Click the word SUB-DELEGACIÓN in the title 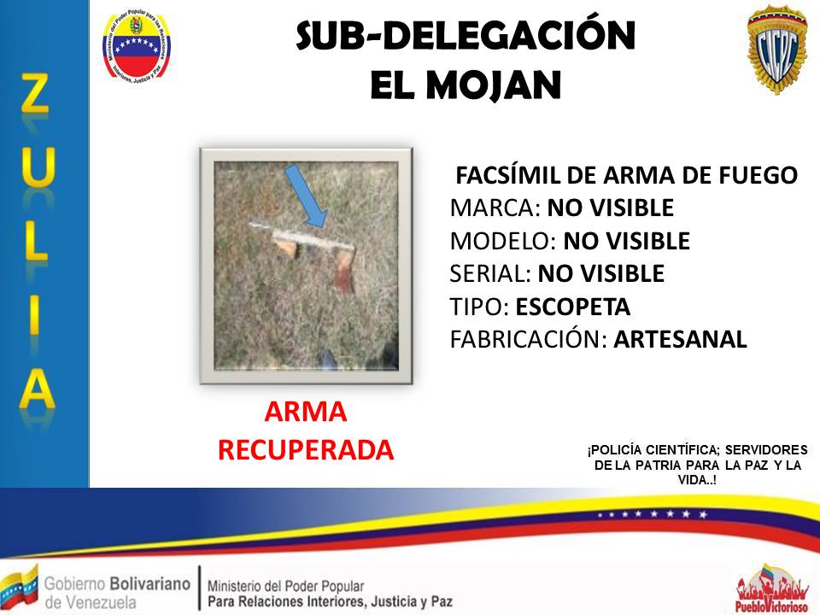click(466, 37)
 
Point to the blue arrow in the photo click(306, 195)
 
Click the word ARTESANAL click(680, 339)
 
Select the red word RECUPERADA click(306, 449)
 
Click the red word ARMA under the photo click(306, 413)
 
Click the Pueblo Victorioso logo click(772, 589)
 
